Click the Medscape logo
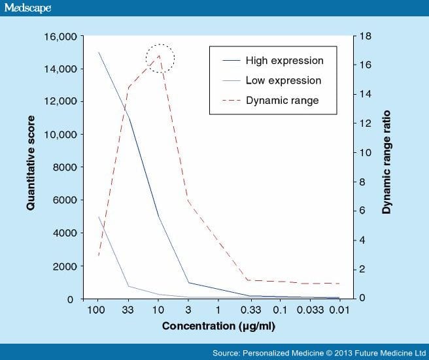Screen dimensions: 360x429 coord(27,8)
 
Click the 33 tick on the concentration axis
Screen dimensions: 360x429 coord(128,308)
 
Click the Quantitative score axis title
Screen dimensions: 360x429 coord(31,163)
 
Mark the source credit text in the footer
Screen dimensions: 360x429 coord(317,353)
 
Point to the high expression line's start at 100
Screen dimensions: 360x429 coord(98,53)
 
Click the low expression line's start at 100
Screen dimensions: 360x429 coord(98,217)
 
